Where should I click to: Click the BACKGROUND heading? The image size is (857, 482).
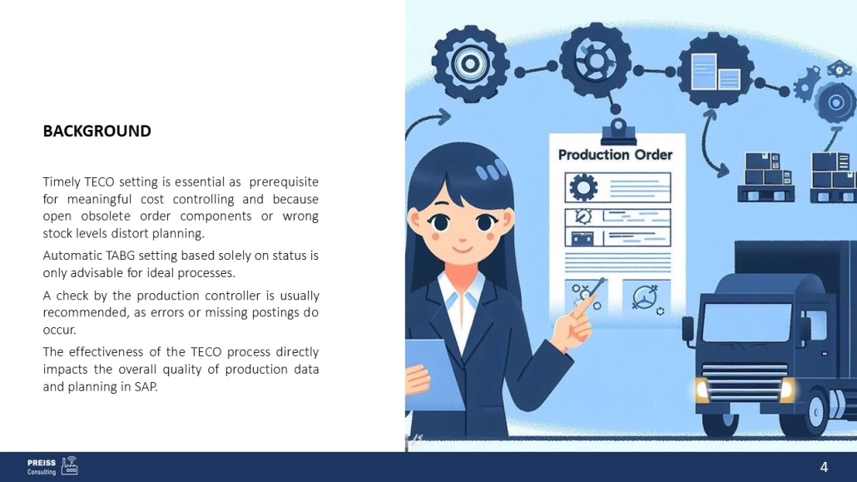pyautogui.click(x=97, y=131)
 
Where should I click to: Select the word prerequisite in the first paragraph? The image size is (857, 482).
pyautogui.click(x=284, y=181)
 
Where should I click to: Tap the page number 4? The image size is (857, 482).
pyautogui.click(x=824, y=467)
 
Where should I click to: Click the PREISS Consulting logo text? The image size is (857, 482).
pyautogui.click(x=42, y=467)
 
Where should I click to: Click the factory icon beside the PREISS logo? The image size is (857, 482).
pyautogui.click(x=69, y=465)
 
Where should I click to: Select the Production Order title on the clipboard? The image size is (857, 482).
pyautogui.click(x=615, y=155)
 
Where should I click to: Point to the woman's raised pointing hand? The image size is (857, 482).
pyautogui.click(x=574, y=320)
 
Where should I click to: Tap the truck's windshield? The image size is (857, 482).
pyautogui.click(x=746, y=322)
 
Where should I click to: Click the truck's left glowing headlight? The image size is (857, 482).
pyautogui.click(x=702, y=389)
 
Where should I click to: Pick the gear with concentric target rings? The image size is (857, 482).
pyautogui.click(x=470, y=63)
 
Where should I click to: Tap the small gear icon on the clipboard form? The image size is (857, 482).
pyautogui.click(x=583, y=187)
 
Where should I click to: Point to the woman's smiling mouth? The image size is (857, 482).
pyautogui.click(x=463, y=250)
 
